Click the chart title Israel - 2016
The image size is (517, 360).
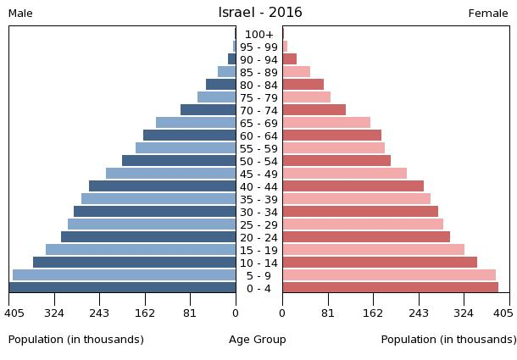259,13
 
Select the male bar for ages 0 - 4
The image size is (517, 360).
123,288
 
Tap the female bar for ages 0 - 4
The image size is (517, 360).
390,288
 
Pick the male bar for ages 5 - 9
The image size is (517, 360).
125,275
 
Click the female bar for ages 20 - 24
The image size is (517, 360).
366,237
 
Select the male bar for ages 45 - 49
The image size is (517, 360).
171,174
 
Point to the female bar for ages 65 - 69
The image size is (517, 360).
326,123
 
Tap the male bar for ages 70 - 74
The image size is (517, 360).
208,110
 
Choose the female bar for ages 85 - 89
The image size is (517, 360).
297,72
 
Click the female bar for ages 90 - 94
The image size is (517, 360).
290,59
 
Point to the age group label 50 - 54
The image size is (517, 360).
258,161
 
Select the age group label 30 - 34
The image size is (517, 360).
258,212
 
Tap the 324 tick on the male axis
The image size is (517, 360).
54,313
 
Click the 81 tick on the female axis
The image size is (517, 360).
328,313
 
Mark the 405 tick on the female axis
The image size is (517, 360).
503,313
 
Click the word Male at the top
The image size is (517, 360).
20,14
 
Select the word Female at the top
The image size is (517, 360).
488,14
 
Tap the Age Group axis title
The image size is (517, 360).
258,340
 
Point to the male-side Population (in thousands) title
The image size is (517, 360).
76,340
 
